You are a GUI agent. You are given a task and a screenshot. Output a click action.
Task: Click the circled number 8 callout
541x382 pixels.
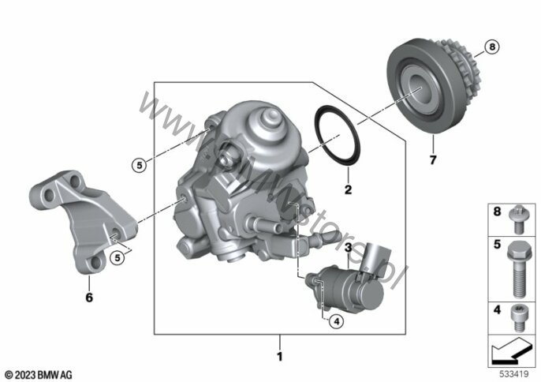pyautogui.click(x=492, y=47)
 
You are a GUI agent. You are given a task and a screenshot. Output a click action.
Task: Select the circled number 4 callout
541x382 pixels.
pyautogui.click(x=337, y=321)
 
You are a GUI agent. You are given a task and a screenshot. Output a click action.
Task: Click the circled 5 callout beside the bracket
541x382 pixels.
pyautogui.click(x=118, y=257)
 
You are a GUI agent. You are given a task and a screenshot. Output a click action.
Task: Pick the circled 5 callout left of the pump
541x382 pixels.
pyautogui.click(x=139, y=165)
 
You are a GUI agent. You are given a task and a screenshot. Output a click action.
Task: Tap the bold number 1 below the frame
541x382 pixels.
pyautogui.click(x=280, y=357)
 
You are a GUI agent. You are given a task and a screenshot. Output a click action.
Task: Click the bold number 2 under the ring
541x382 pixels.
pyautogui.click(x=348, y=189)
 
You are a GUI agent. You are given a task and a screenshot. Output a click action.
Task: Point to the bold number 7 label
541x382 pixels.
pyautogui.click(x=433, y=159)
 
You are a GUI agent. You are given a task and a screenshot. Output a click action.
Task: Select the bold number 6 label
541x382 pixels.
pyautogui.click(x=89, y=297)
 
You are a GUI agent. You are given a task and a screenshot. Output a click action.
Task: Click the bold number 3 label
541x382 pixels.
pyautogui.click(x=348, y=247)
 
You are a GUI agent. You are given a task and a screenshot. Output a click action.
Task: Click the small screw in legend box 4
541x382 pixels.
pyautogui.click(x=517, y=318)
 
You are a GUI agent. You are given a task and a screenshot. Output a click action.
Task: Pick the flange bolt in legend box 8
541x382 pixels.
pyautogui.click(x=517, y=219)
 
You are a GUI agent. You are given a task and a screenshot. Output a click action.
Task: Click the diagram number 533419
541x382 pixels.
pyautogui.click(x=514, y=374)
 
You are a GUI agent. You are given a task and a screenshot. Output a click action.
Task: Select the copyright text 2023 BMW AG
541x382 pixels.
pyautogui.click(x=39, y=375)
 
